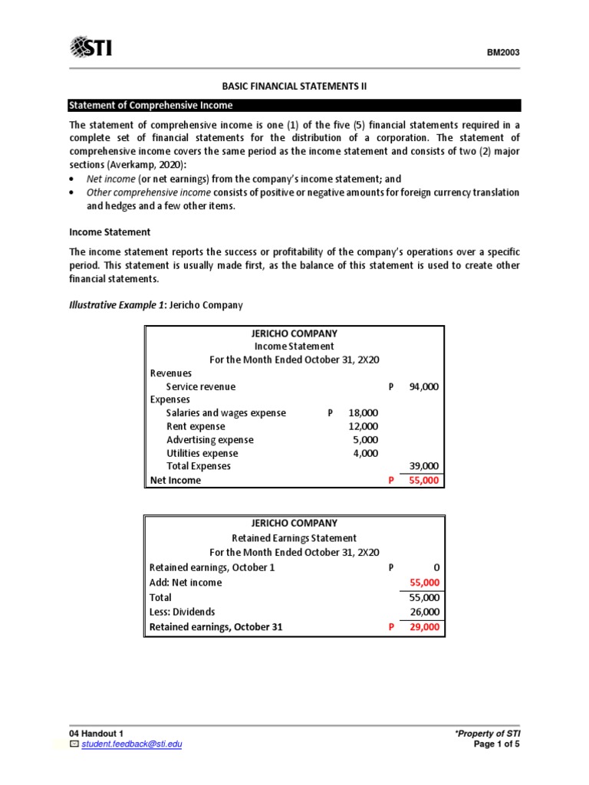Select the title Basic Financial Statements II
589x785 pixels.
(x=294, y=87)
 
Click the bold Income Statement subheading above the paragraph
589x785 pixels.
(x=110, y=232)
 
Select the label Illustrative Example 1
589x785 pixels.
(x=117, y=305)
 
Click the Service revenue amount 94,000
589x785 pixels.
(x=423, y=387)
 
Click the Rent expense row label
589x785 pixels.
(x=196, y=426)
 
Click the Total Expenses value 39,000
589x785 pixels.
(x=423, y=466)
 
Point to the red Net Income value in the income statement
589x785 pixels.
(x=423, y=480)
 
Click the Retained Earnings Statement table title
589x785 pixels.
(x=294, y=538)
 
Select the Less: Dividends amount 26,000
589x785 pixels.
(x=423, y=612)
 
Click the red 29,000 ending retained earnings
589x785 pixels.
(x=423, y=627)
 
